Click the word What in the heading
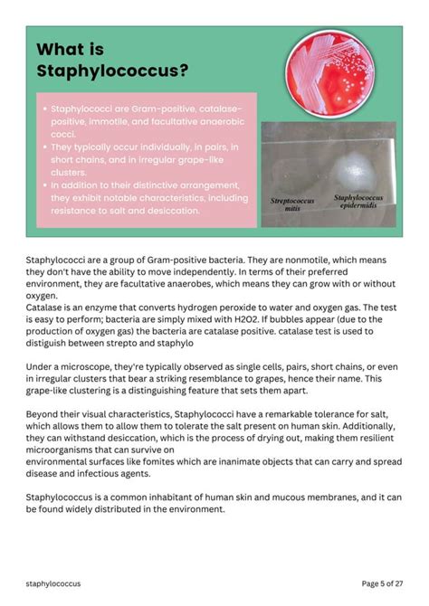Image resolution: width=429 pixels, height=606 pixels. coord(62,49)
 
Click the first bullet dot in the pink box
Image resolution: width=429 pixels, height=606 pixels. coord(45,108)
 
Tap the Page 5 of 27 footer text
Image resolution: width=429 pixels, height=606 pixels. coord(384,584)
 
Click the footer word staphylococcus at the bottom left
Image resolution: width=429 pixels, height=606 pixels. coord(52,584)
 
